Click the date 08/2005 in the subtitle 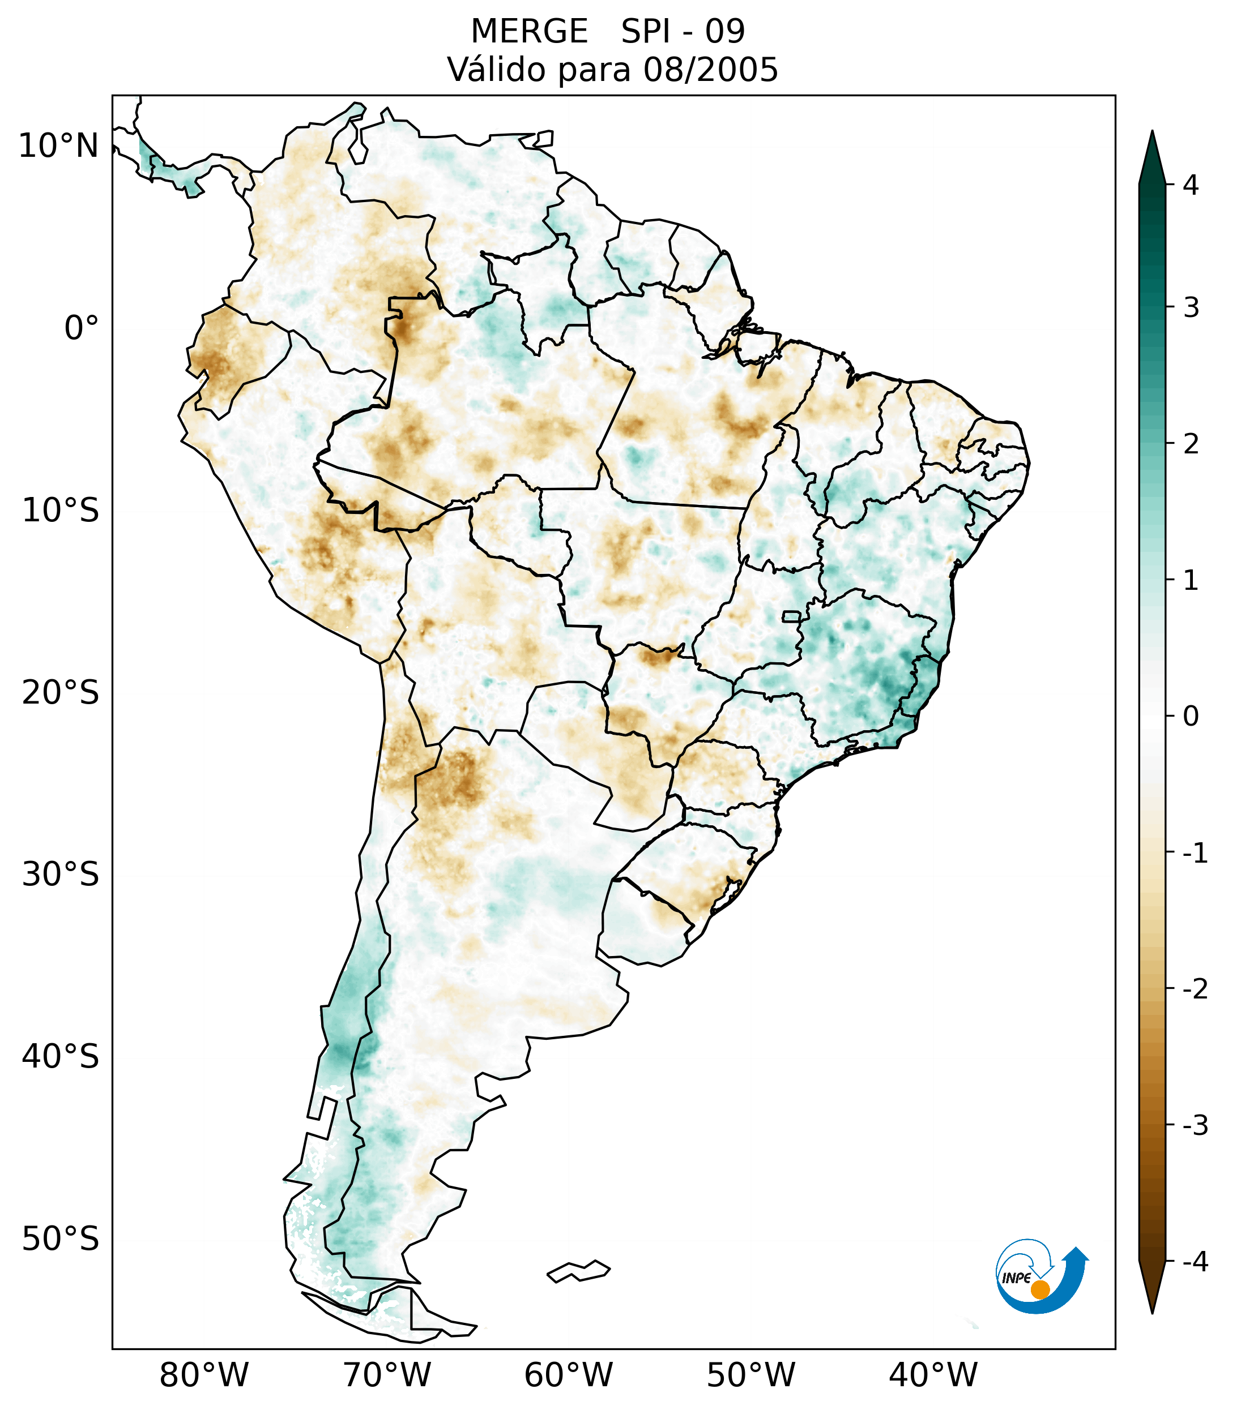click(710, 70)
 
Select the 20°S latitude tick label click(61, 693)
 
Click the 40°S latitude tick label click(61, 1057)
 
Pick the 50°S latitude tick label click(61, 1240)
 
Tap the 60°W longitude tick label click(568, 1375)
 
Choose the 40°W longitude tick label click(933, 1375)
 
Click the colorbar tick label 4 click(1191, 185)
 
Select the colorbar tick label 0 click(1191, 717)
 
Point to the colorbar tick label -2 click(1195, 990)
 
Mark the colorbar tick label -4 click(1195, 1262)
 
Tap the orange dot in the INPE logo click(1039, 1289)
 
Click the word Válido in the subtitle click(497, 70)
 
